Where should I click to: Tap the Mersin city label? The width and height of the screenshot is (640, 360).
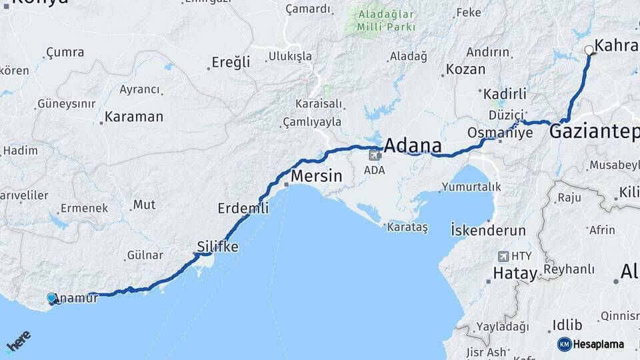click(x=317, y=177)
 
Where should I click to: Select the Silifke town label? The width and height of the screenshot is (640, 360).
click(x=217, y=247)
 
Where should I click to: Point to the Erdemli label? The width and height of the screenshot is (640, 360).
click(x=243, y=209)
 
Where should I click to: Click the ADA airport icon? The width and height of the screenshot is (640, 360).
click(x=375, y=156)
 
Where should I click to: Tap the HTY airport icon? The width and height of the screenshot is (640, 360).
click(x=503, y=256)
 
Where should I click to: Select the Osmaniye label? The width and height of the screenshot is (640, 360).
click(x=501, y=132)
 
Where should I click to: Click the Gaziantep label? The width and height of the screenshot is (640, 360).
click(x=593, y=132)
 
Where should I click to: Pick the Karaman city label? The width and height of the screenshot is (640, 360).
click(x=134, y=117)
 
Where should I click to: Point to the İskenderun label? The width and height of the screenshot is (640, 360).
click(x=488, y=230)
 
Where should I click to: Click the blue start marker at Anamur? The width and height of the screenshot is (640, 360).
click(x=52, y=298)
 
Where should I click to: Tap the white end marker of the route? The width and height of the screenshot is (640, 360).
click(x=589, y=50)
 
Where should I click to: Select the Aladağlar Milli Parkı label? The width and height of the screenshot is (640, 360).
click(x=386, y=21)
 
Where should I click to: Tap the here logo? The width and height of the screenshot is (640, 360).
click(x=18, y=341)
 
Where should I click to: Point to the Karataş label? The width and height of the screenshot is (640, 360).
click(x=407, y=227)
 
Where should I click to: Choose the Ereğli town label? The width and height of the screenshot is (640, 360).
click(x=231, y=63)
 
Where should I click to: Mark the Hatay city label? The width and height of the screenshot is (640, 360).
click(x=515, y=273)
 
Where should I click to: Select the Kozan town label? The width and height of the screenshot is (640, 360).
click(x=465, y=69)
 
